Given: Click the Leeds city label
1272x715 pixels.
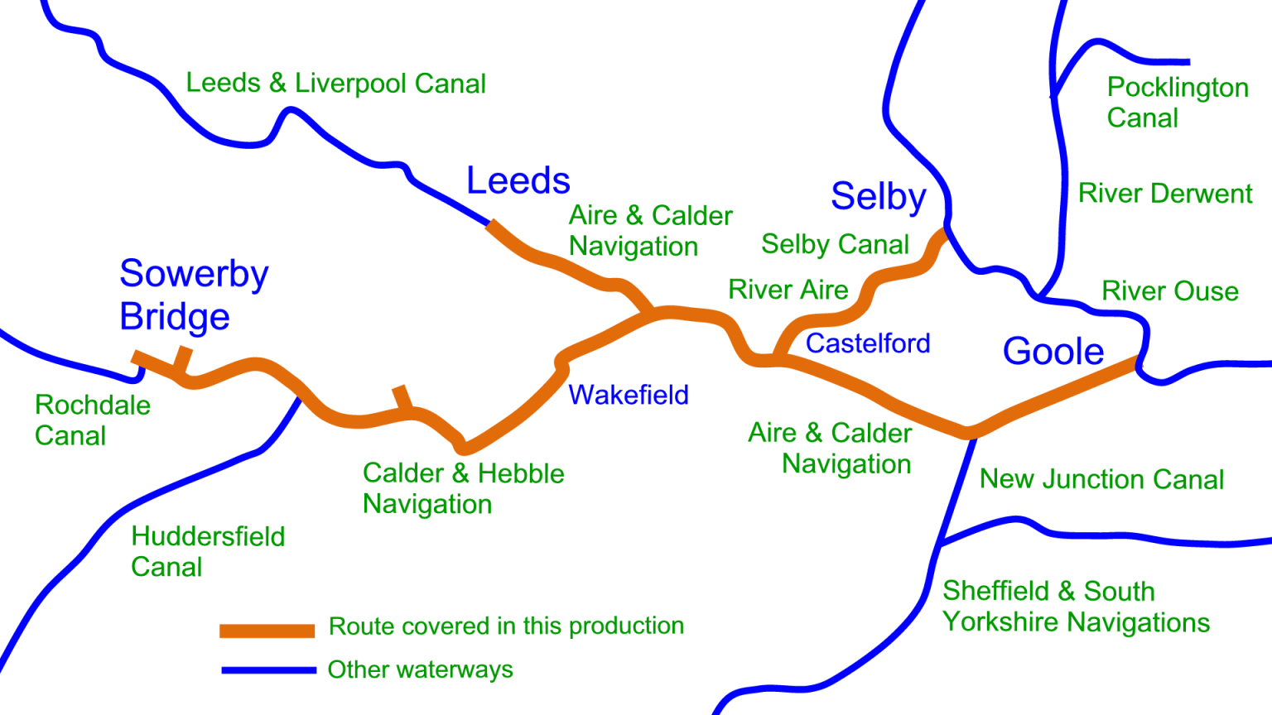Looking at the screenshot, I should [x=518, y=180].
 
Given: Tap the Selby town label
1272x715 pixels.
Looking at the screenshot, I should [x=879, y=197].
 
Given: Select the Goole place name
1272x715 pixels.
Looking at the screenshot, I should [x=1053, y=352].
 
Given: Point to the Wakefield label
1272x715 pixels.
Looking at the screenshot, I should [x=629, y=395].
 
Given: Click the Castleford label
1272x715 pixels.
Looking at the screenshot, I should [x=868, y=343].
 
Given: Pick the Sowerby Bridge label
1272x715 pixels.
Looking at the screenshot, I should [x=193, y=295].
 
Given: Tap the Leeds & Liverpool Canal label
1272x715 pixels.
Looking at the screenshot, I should [x=335, y=83].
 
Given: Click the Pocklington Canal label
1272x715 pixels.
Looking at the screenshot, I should [x=1177, y=103].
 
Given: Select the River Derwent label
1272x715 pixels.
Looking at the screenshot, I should [x=1164, y=194].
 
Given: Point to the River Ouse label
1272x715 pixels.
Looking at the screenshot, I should [x=1169, y=291].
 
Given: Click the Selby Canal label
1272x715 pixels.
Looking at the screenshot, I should [x=835, y=244].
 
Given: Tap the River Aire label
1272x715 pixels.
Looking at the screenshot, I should [x=788, y=290].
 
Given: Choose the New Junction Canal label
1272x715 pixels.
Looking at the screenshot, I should [x=1101, y=479].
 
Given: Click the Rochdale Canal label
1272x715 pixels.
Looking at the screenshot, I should [x=92, y=420].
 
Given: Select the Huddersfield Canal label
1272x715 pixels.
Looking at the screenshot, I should [x=208, y=551].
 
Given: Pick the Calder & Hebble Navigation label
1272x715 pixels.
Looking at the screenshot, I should [x=463, y=488].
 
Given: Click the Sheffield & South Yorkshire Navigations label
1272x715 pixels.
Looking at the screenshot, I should [x=1076, y=607].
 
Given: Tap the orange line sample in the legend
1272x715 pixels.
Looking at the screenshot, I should [x=267, y=631].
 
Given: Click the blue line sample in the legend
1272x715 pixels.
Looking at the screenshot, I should [x=268, y=669].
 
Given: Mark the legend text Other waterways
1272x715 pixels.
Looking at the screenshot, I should [x=420, y=669].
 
